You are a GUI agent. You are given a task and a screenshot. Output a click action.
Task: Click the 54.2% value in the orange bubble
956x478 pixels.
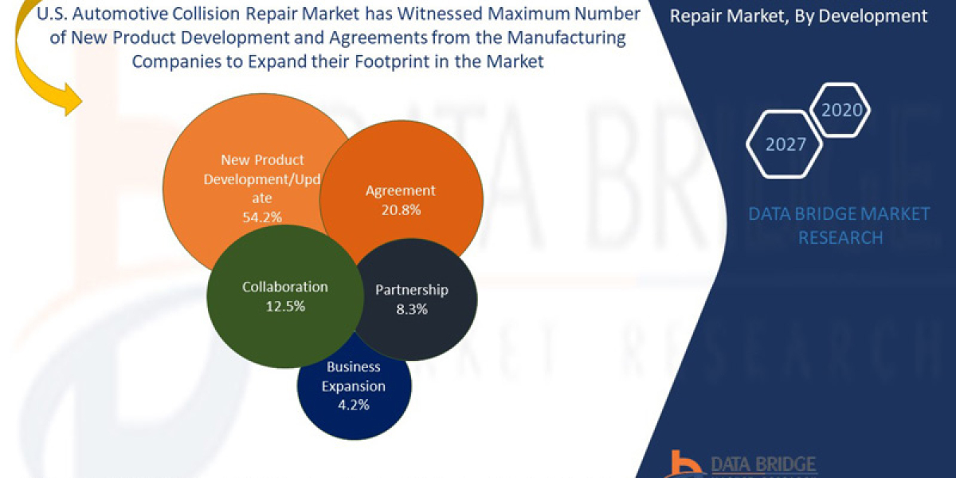(262, 216)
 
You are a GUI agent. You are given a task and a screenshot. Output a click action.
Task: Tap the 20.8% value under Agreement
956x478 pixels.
(400, 210)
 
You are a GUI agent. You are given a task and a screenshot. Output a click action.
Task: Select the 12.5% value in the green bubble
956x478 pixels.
(285, 305)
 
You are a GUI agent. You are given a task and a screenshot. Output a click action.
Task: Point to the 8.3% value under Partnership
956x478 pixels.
(411, 308)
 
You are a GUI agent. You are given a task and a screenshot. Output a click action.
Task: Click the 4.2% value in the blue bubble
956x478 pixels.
(353, 405)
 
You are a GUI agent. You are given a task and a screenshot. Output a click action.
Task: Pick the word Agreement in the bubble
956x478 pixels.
(400, 190)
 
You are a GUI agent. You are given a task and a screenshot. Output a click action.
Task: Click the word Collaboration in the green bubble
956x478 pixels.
(284, 287)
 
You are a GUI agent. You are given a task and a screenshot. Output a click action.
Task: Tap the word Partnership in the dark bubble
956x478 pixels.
(411, 290)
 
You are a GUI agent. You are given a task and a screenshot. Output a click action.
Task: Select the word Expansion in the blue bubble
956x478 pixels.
(354, 386)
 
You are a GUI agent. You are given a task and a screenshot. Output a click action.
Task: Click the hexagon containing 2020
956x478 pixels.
(840, 110)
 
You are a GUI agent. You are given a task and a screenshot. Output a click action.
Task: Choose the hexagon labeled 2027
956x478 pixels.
(786, 144)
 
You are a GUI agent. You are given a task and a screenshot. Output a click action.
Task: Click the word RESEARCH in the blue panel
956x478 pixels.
(840, 237)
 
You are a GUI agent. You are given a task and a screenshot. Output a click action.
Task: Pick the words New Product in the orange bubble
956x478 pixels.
(262, 160)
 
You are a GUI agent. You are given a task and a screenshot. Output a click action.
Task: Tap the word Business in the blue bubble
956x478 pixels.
(353, 367)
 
